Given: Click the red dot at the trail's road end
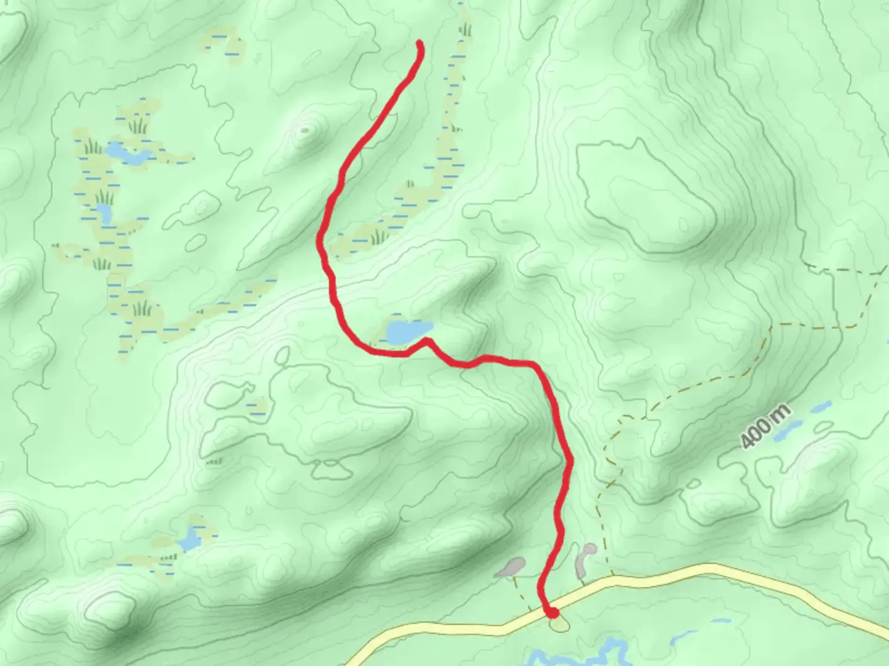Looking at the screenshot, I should click(553, 612).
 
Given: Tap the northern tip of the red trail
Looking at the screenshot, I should click(420, 43).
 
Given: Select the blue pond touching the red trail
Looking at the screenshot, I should click(407, 332).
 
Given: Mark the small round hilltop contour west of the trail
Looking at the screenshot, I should click(304, 130).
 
